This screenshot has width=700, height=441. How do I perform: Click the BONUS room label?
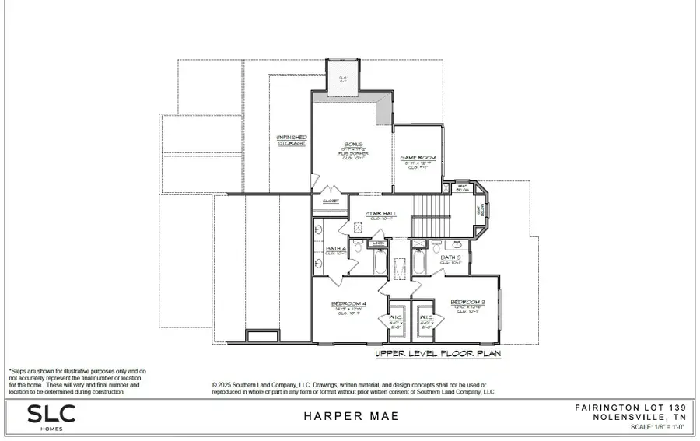[354, 145]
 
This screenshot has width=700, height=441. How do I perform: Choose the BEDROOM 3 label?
[466, 301]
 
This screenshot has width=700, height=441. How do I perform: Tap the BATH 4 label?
[336, 249]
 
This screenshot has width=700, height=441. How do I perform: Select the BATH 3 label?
[451, 257]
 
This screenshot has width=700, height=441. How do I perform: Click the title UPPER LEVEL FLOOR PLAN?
[438, 354]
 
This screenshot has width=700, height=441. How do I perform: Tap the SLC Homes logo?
[52, 415]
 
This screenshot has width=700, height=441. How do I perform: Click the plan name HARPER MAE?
[351, 416]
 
